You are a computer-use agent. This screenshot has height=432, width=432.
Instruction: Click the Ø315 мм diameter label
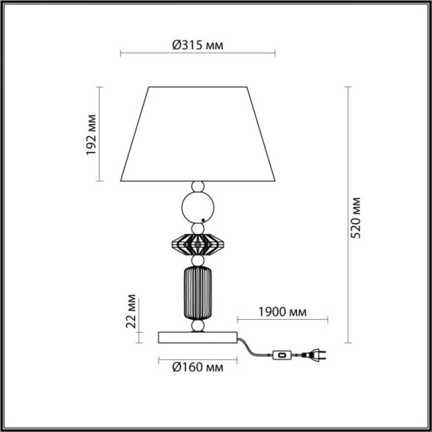(x=197, y=45)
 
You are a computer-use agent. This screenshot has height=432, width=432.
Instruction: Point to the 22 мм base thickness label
(x=131, y=311)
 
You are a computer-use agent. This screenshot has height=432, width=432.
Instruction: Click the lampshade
(x=197, y=133)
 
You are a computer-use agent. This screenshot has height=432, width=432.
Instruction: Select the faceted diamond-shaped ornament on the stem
(x=197, y=242)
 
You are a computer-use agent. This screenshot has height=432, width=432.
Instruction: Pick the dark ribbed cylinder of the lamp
(x=197, y=291)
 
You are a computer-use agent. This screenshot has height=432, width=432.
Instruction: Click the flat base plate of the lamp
(x=197, y=337)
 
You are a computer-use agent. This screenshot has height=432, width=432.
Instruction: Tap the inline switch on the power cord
(x=280, y=356)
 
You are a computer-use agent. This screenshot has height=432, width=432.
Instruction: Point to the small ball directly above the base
(x=197, y=325)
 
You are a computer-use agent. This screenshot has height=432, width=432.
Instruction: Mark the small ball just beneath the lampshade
(x=197, y=186)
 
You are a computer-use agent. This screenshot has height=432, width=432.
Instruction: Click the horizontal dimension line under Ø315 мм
(x=197, y=54)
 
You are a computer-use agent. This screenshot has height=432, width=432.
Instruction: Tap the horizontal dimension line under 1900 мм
(x=283, y=319)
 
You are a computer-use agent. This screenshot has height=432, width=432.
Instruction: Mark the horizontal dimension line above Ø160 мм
(x=197, y=359)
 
